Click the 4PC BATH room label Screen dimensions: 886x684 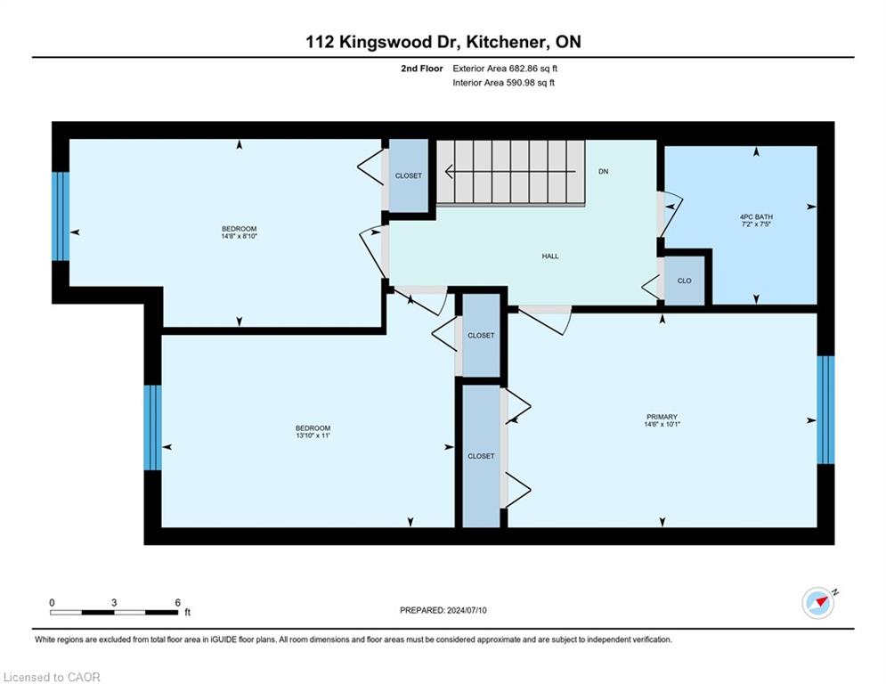(x=756, y=216)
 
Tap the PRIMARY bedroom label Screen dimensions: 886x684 (x=662, y=417)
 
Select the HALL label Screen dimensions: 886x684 (x=549, y=256)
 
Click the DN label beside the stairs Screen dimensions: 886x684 (x=604, y=171)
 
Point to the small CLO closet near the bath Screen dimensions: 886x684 (x=684, y=281)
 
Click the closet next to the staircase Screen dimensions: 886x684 (x=409, y=175)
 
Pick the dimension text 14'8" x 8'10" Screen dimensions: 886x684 (x=239, y=236)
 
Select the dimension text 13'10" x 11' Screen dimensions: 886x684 (x=313, y=436)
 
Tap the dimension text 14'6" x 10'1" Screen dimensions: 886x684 (x=662, y=424)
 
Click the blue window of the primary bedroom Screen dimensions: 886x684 (x=825, y=410)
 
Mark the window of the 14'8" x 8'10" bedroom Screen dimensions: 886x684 (x=61, y=216)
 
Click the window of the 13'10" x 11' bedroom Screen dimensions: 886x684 (x=152, y=427)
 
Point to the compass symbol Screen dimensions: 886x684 (x=818, y=603)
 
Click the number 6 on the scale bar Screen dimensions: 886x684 (x=177, y=603)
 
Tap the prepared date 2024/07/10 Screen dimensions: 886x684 (x=467, y=610)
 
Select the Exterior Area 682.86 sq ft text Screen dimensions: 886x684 (x=505, y=69)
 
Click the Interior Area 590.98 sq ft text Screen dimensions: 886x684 (x=503, y=83)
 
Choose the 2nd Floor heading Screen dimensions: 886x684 (x=421, y=69)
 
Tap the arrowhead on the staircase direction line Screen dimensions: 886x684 (x=449, y=171)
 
